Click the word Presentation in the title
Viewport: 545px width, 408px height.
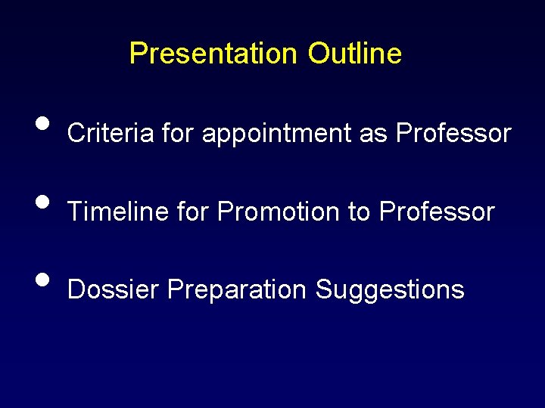[213, 54]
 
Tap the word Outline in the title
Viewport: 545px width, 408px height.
[354, 54]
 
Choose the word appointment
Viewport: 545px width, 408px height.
[277, 134]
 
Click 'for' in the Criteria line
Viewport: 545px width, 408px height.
[178, 134]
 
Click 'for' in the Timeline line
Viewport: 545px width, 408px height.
[194, 212]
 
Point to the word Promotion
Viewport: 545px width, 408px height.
[279, 212]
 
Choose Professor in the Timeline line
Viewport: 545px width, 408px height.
[437, 212]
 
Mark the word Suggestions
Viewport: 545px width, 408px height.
[390, 290]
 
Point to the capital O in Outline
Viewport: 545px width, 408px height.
[318, 54]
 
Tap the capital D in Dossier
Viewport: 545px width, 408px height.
[76, 289]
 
